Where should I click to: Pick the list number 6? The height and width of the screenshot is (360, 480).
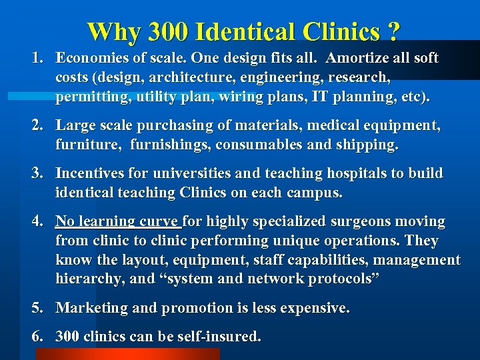coord(38,337)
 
